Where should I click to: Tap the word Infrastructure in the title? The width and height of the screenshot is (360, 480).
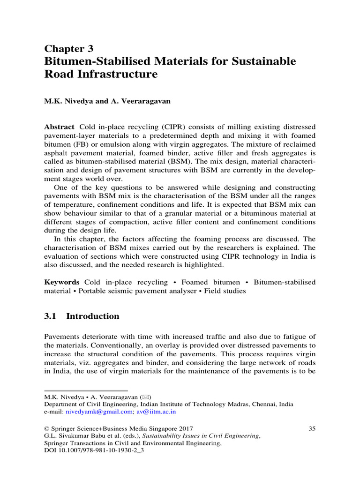(x=117, y=74)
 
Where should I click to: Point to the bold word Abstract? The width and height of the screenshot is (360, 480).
(x=59, y=127)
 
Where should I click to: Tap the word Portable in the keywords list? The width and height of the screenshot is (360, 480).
(x=94, y=291)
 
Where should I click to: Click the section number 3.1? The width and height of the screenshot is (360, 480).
(x=50, y=316)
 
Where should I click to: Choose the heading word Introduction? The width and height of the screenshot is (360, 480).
(x=93, y=316)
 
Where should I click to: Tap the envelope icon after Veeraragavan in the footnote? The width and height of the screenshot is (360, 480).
(x=147, y=397)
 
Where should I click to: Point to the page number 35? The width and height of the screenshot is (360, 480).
(x=312, y=428)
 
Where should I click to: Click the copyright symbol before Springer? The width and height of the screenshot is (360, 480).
(x=46, y=428)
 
